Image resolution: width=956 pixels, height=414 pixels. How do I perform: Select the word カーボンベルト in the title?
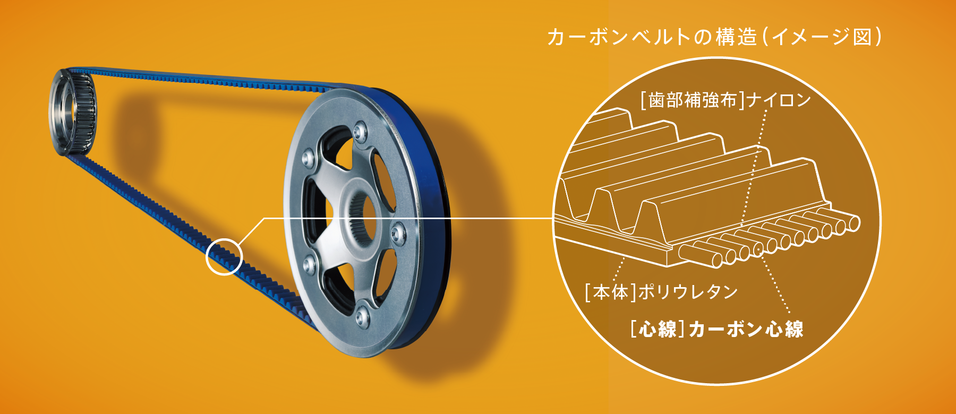[x=619, y=37]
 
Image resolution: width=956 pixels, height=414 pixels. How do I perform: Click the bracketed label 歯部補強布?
[x=692, y=100]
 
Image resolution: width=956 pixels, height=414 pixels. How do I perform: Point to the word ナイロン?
[x=779, y=100]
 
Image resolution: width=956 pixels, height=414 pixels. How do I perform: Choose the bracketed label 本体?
[x=610, y=292]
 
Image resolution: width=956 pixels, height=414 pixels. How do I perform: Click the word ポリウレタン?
[x=688, y=292]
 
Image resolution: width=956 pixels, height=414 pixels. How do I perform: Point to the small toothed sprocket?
[x=73, y=112]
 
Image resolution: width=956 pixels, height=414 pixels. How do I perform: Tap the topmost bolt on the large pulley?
[x=361, y=131]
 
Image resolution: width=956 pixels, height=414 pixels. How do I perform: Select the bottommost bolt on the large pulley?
[x=362, y=316]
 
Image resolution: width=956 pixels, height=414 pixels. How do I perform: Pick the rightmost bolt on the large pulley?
[x=398, y=232]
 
